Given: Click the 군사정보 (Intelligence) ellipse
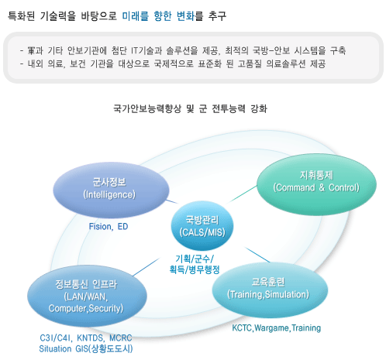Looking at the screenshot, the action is (111, 190).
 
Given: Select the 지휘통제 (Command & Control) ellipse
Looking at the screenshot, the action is (316, 184).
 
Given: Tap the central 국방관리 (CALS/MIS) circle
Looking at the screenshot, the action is (202, 226).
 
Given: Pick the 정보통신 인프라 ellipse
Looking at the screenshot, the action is (87, 296).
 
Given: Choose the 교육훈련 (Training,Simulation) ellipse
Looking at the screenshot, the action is (270, 290).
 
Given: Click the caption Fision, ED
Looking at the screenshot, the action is (109, 227).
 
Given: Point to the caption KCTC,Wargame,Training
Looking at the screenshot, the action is (277, 328).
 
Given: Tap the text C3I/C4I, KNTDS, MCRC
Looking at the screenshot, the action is (86, 338).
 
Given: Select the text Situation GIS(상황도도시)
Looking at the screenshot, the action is (86, 348).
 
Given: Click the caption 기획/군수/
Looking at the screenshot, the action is (195, 259).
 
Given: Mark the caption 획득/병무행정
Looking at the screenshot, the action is (195, 269).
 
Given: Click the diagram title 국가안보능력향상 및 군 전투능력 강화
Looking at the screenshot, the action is (191, 108).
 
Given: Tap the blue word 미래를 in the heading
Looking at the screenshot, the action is (135, 16).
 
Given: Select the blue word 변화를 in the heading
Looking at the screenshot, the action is (190, 16).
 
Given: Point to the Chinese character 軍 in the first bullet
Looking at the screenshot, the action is (31, 50).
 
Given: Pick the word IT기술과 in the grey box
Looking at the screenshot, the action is (146, 50).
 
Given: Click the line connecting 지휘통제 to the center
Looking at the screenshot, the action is (242, 194).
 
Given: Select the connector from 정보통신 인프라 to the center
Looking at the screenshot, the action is (146, 267).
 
